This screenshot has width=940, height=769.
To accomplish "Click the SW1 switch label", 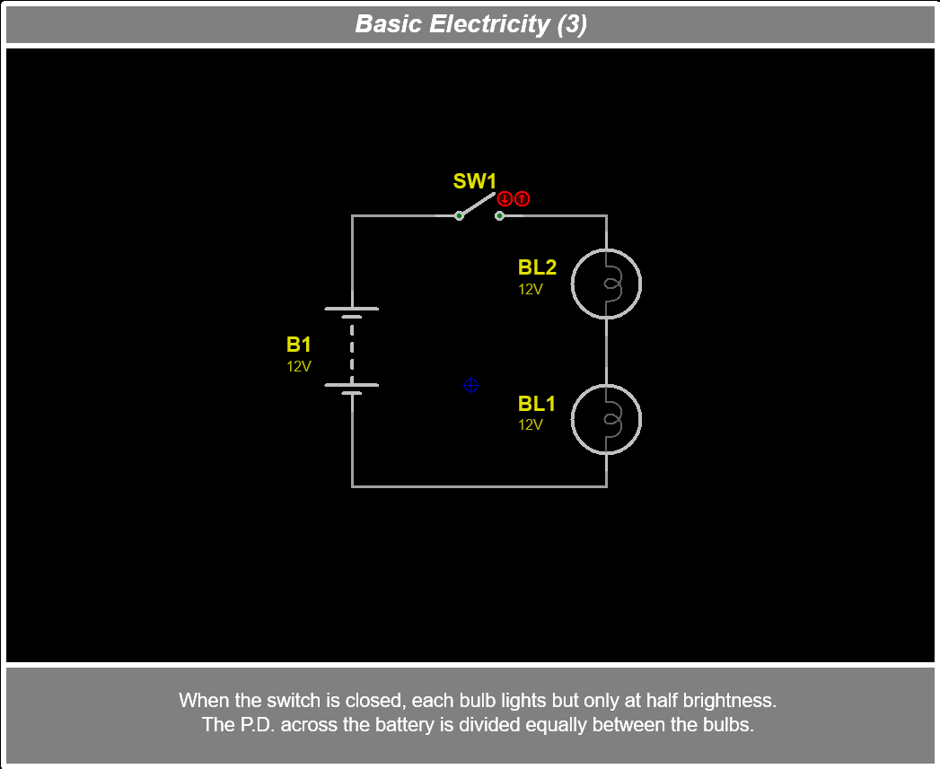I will [x=474, y=181].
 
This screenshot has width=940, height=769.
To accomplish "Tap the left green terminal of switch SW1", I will [x=459, y=215].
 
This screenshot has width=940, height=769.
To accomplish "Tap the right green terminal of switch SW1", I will [x=500, y=215].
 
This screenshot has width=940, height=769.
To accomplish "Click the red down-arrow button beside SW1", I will [x=505, y=199].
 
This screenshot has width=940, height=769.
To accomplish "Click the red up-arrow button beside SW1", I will [x=522, y=199].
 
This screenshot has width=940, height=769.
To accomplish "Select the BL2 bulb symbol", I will [x=607, y=284].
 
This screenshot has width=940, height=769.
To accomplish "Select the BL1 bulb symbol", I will [x=607, y=419].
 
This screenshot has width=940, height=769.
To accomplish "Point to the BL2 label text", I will [x=537, y=267].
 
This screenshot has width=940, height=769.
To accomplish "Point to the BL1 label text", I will [x=537, y=404].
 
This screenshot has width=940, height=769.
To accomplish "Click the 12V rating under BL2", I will [x=531, y=289].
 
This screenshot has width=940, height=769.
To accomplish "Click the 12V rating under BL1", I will [x=531, y=424].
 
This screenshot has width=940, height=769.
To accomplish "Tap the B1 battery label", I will [x=299, y=345].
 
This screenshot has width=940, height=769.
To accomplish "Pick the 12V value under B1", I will [x=299, y=366].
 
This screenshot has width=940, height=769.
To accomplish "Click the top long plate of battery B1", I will [x=351, y=309].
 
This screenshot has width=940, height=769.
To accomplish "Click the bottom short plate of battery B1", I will [x=351, y=393].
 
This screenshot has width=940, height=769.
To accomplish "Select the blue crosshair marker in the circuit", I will [x=470, y=385].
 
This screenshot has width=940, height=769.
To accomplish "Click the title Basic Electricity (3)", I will [x=470, y=24].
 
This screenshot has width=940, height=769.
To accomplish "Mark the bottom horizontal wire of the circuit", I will [x=479, y=486].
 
